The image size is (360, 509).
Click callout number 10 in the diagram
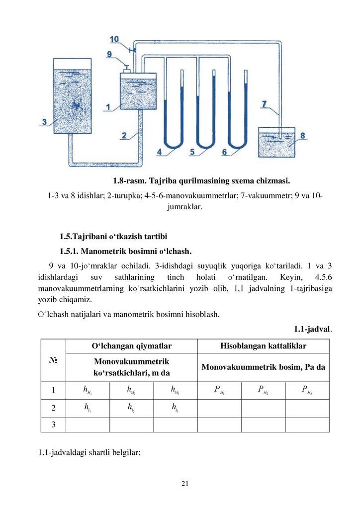coord(114,39)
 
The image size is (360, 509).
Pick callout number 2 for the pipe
coord(125,135)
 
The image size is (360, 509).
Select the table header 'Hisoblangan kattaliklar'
coord(263,345)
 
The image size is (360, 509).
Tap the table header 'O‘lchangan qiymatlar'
coord(131,345)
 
